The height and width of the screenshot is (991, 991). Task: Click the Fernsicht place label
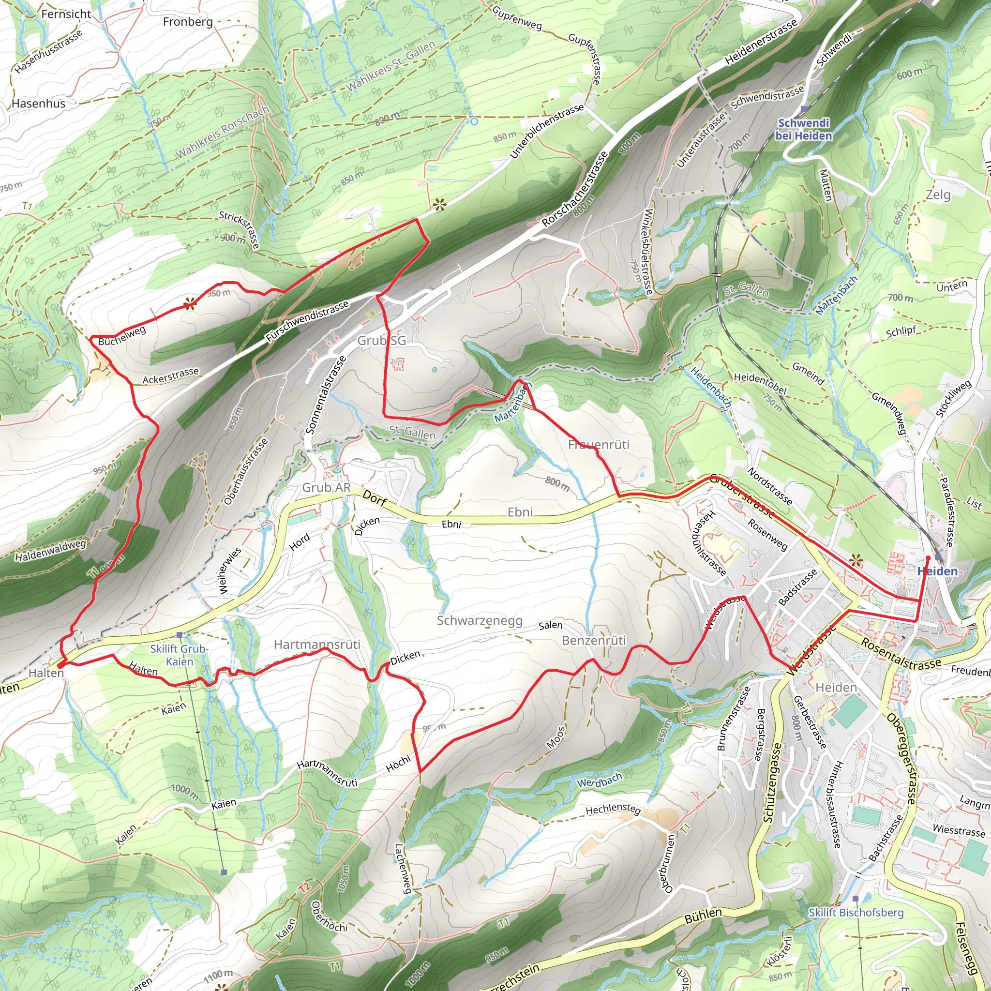pos(66,15)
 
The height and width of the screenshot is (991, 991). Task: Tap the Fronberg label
pos(188,22)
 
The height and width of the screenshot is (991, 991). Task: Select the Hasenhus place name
pos(39,104)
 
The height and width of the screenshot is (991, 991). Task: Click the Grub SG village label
pos(382,341)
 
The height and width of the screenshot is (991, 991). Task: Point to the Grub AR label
pos(326,488)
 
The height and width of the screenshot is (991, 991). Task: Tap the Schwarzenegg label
pos(480,621)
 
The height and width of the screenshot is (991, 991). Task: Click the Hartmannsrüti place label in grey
pos(317,645)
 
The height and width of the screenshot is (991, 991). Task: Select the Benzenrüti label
pos(594,641)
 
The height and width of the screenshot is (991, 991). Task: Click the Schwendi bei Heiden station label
pos(803,129)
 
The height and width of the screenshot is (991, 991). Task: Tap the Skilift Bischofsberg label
pos(856,913)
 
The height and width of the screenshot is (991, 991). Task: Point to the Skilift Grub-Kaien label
pos(179,655)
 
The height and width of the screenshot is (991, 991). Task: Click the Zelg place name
pos(938,195)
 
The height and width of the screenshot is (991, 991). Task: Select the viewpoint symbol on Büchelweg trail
pos(190,305)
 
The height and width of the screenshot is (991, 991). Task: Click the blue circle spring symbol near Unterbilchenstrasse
pos(474,121)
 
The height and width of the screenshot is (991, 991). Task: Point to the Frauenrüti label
pos(598,445)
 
